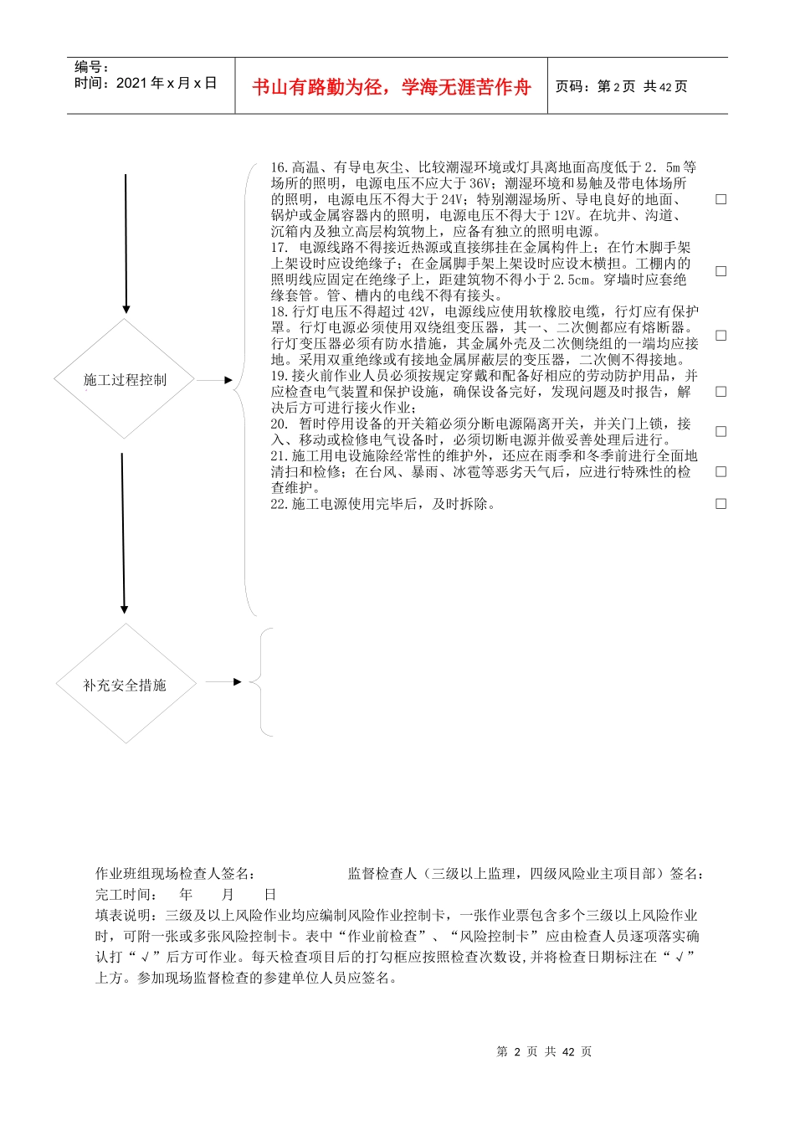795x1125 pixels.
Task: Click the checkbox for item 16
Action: coord(721,199)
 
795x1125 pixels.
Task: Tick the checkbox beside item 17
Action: coord(721,271)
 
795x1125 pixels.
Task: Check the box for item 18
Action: coord(721,336)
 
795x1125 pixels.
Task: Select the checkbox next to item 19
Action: coord(721,392)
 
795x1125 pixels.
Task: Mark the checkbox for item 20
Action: coord(721,432)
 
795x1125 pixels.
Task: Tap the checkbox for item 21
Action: coord(721,472)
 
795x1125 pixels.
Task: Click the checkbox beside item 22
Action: coord(721,504)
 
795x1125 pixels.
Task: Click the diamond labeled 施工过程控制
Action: coord(125,380)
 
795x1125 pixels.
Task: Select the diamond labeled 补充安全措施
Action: coord(126,685)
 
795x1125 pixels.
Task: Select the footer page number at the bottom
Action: coord(544,1051)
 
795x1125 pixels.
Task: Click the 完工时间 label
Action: coord(123,894)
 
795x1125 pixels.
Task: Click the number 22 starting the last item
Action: coord(279,504)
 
